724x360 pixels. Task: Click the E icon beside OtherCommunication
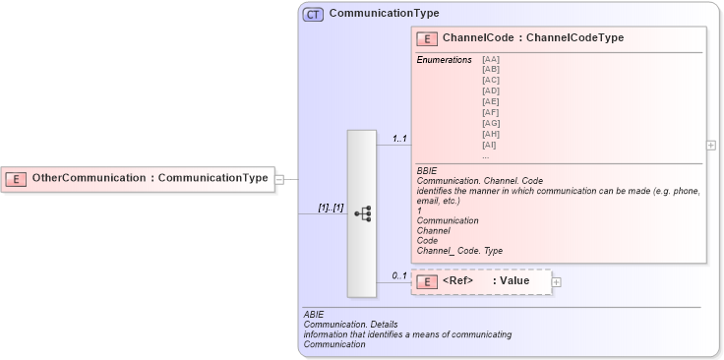pyautogui.click(x=16, y=178)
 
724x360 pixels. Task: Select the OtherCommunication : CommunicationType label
pyautogui.click(x=150, y=178)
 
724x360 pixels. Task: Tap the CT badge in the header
pyautogui.click(x=313, y=15)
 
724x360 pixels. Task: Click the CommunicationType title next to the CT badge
pyautogui.click(x=384, y=14)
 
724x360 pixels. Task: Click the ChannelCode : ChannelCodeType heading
pyautogui.click(x=532, y=38)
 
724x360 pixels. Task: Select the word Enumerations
pyautogui.click(x=444, y=60)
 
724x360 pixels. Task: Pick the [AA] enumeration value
pyautogui.click(x=490, y=60)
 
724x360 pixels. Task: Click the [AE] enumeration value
pyautogui.click(x=490, y=101)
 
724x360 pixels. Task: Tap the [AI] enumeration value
pyautogui.click(x=489, y=145)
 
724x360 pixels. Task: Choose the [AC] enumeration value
pyautogui.click(x=490, y=81)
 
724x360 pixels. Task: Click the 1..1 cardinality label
pyautogui.click(x=399, y=138)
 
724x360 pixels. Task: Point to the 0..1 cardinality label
pyautogui.click(x=399, y=275)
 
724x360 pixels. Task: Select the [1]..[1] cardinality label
pyautogui.click(x=330, y=208)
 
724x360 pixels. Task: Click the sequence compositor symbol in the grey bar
pyautogui.click(x=362, y=212)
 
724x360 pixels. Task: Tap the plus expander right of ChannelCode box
pyautogui.click(x=711, y=145)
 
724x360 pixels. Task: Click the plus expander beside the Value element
pyautogui.click(x=557, y=282)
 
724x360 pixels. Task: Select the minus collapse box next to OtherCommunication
pyautogui.click(x=279, y=179)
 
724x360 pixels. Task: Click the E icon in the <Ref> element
pyautogui.click(x=427, y=281)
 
